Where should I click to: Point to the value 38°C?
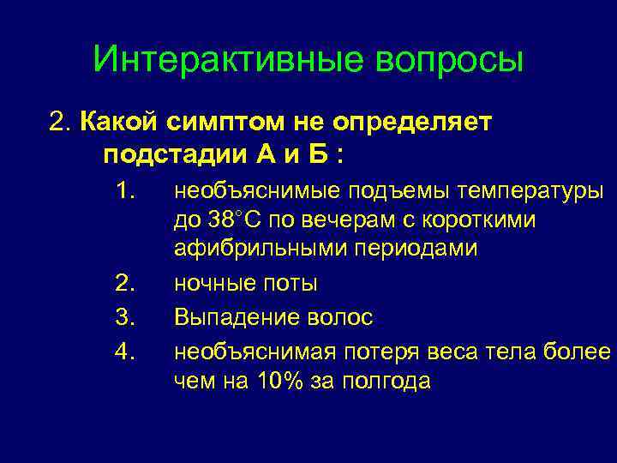(x=234, y=220)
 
